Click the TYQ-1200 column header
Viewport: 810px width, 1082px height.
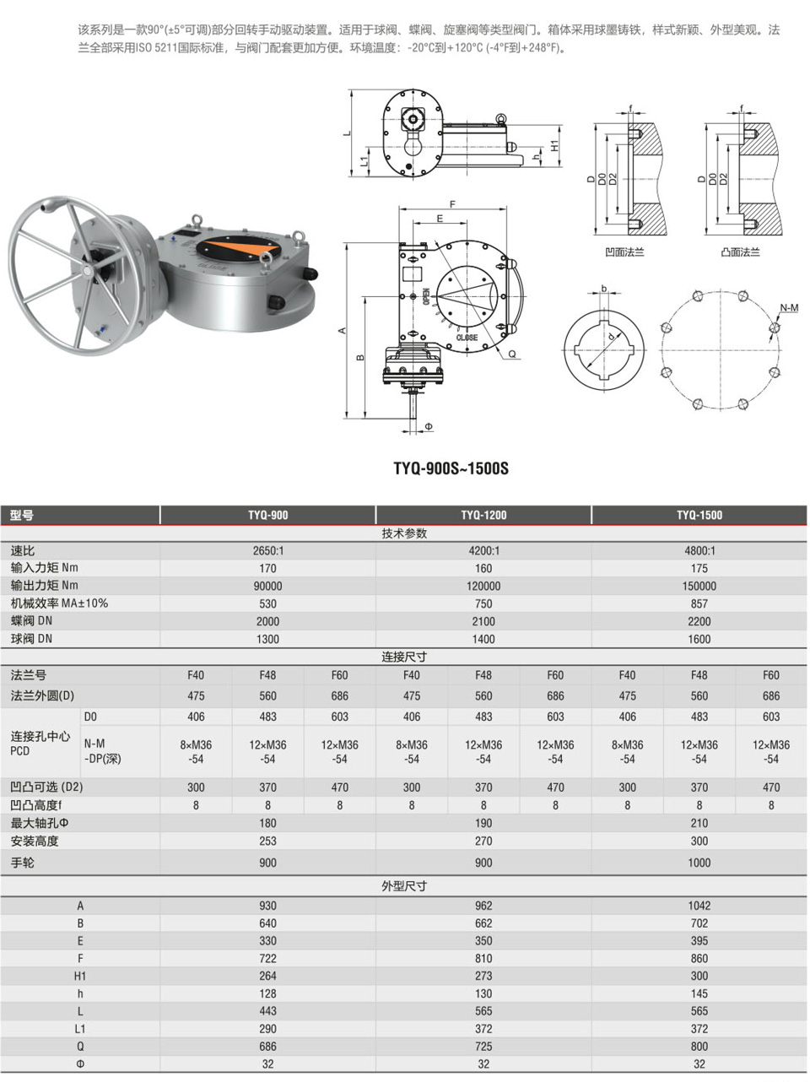click(x=483, y=515)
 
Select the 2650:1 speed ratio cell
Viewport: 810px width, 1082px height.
click(x=268, y=550)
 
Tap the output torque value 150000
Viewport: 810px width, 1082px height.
click(x=699, y=586)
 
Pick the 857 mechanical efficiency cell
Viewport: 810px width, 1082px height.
click(x=699, y=603)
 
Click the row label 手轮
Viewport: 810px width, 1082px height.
click(x=23, y=863)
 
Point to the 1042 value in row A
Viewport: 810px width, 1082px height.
click(x=699, y=906)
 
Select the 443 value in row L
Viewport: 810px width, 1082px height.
click(x=268, y=1011)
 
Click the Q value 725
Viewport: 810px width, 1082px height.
click(x=483, y=1047)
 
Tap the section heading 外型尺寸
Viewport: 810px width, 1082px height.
click(x=404, y=886)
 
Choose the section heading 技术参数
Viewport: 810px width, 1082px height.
click(x=404, y=533)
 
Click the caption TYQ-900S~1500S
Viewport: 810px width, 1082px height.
click(x=451, y=468)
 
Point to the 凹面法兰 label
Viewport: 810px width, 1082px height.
click(x=624, y=252)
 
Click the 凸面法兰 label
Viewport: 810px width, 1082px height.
click(x=740, y=252)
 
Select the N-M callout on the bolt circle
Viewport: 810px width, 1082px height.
click(x=789, y=308)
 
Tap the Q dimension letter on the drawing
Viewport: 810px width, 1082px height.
click(x=512, y=354)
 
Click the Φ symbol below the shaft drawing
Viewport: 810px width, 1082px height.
click(x=429, y=426)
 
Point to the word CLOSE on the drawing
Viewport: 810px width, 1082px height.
click(x=467, y=338)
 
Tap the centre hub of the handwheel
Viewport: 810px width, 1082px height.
click(x=87, y=271)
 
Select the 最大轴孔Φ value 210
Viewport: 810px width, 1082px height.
click(x=699, y=823)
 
